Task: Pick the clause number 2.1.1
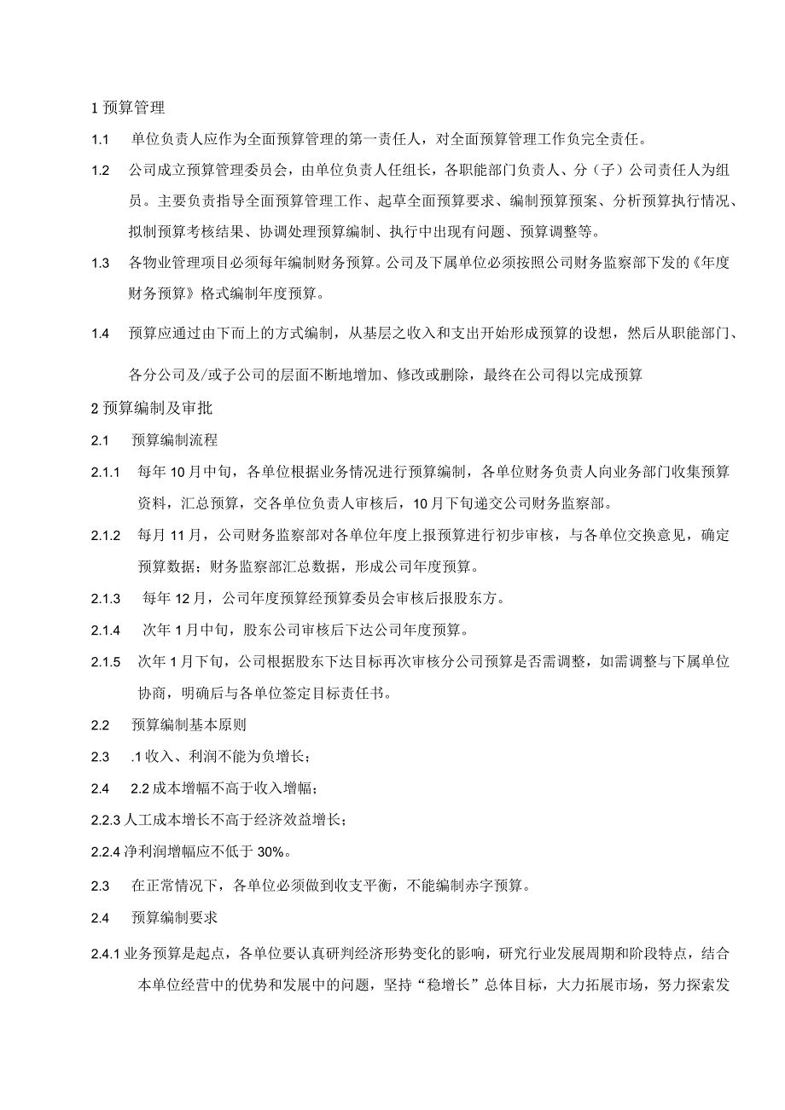(x=108, y=471)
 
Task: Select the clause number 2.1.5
(x=108, y=661)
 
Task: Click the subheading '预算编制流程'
(x=175, y=440)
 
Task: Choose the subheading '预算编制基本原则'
(x=189, y=725)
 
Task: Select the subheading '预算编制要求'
(x=175, y=918)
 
